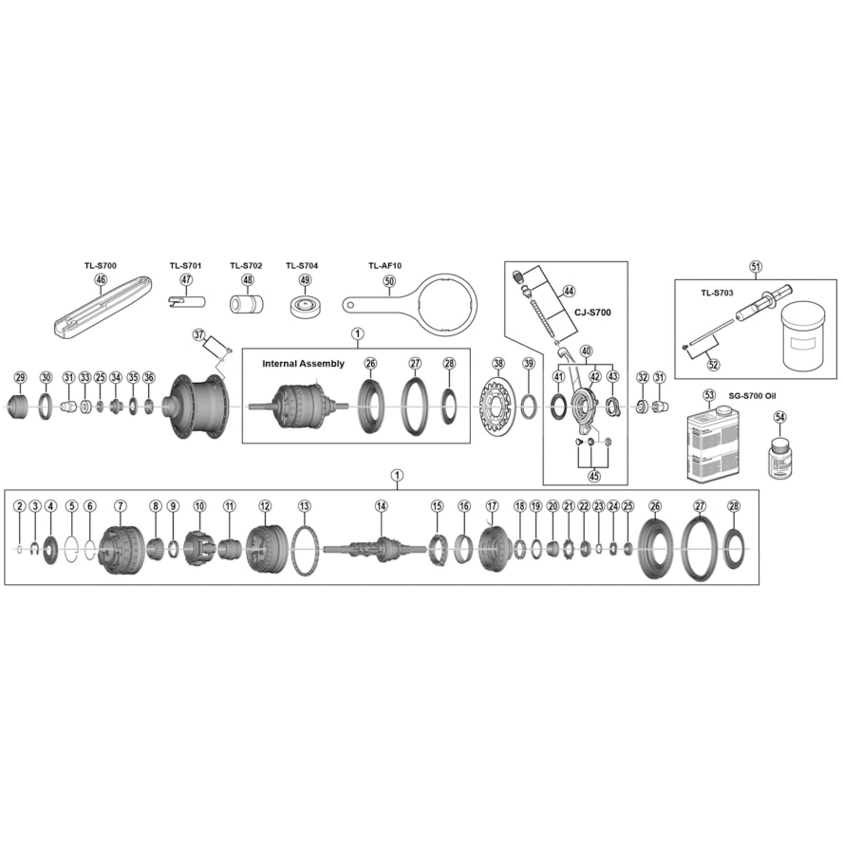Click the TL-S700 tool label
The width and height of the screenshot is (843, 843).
tap(100, 265)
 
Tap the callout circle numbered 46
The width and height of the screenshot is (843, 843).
tap(101, 280)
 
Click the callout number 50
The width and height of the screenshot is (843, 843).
tap(389, 282)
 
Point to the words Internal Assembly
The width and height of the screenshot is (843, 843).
tap(303, 363)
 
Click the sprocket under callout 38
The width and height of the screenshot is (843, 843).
tap(498, 408)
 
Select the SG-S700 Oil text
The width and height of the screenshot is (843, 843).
tap(752, 396)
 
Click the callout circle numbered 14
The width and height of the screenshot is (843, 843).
tap(381, 506)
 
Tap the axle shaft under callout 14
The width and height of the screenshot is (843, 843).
tap(375, 549)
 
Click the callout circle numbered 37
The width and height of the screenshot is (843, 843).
tap(199, 335)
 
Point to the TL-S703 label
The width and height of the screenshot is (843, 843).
tap(717, 293)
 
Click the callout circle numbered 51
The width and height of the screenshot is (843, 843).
tap(755, 266)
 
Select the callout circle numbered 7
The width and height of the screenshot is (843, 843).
tap(120, 506)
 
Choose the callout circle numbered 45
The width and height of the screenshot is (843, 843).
tap(594, 476)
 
